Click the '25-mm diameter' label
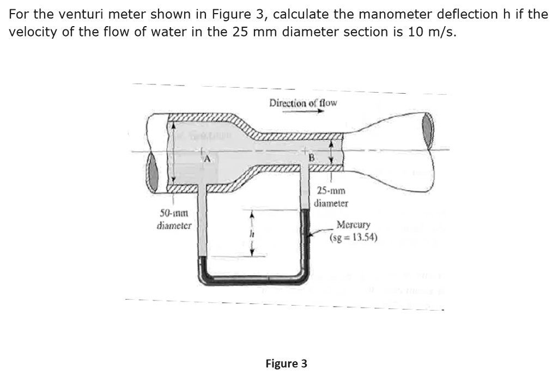point(331,197)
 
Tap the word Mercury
point(353,224)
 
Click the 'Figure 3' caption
point(286,363)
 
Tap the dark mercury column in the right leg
point(305,240)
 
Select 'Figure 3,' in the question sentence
point(238,14)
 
